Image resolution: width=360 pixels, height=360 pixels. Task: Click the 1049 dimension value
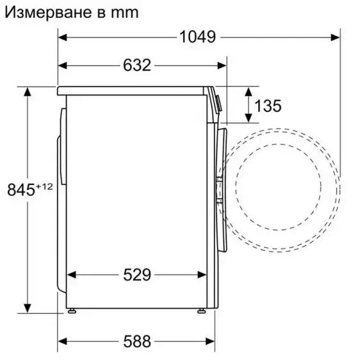(197, 37)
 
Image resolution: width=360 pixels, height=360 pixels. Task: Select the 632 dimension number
(136, 65)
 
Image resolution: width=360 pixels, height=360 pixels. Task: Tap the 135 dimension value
(267, 106)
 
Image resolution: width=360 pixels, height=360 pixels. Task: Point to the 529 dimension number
(136, 275)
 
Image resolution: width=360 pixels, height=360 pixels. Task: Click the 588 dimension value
(136, 341)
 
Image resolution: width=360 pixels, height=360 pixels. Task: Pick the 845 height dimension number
(19, 190)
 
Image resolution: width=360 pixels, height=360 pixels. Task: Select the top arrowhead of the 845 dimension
(28, 92)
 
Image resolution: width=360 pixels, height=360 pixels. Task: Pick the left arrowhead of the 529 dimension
(71, 275)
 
